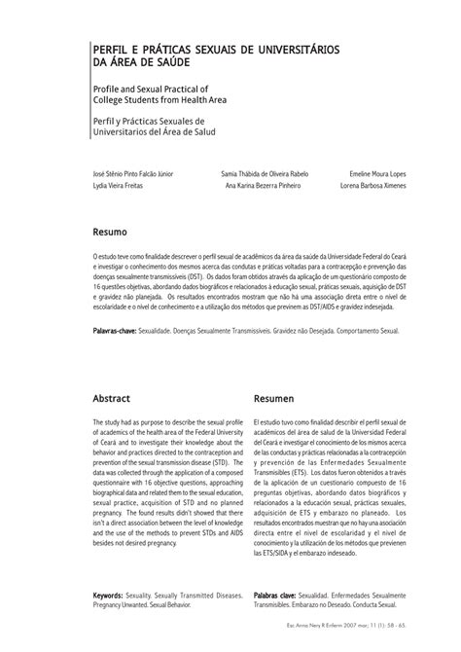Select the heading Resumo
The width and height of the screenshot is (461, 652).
(110, 235)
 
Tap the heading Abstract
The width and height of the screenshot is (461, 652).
(112, 399)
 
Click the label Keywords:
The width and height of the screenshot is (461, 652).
(115, 592)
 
